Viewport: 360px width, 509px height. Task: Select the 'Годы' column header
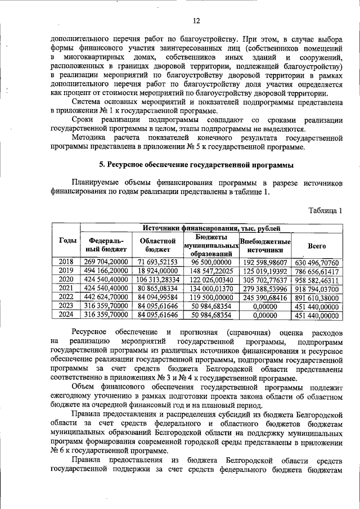(67, 241)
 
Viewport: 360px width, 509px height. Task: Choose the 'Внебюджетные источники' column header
(264, 245)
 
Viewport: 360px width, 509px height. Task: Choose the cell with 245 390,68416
(264, 298)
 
